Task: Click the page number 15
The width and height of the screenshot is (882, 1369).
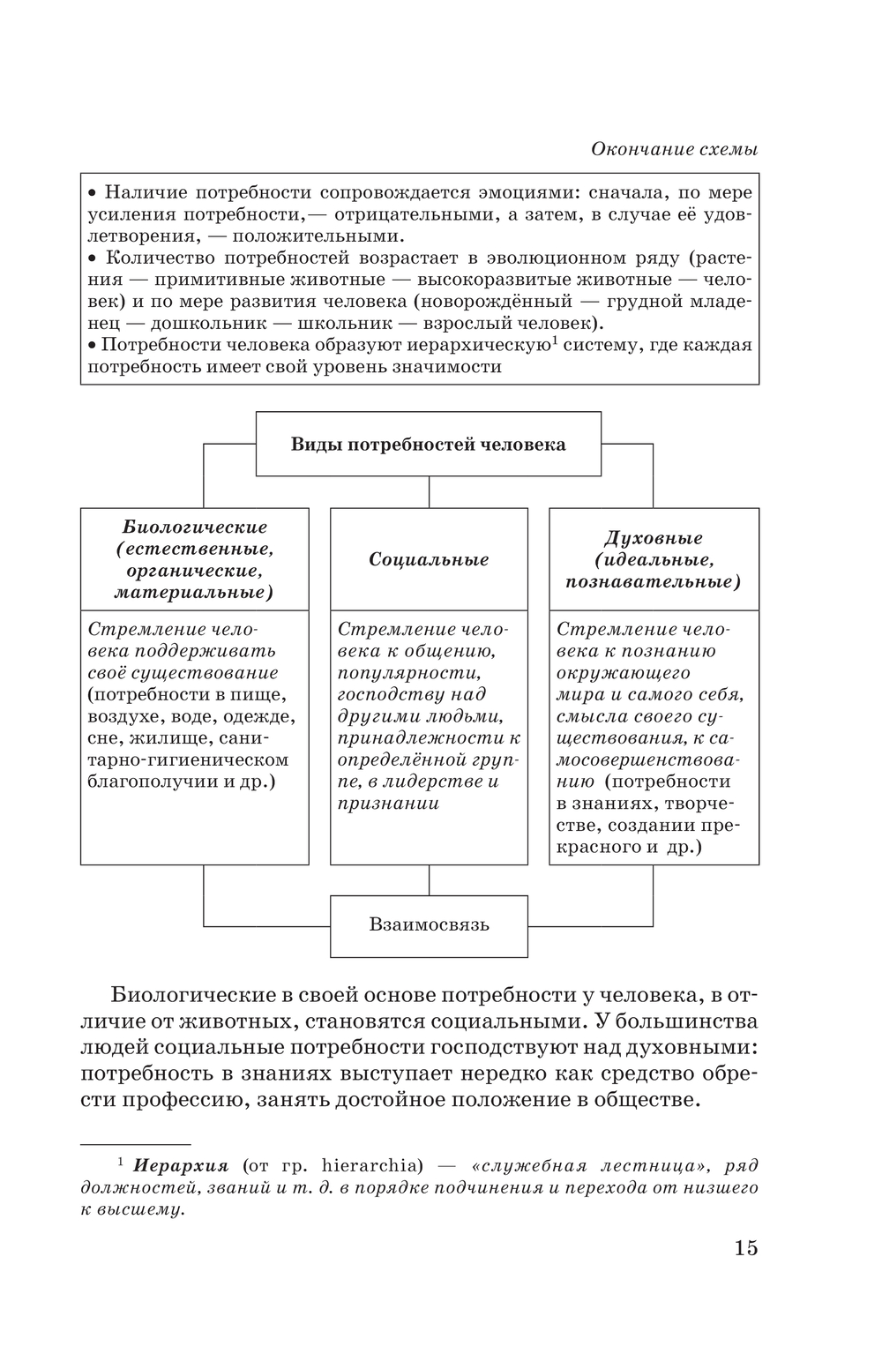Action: tap(744, 1247)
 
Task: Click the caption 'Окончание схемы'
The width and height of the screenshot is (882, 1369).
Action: tap(674, 149)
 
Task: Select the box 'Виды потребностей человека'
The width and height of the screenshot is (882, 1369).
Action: tap(429, 444)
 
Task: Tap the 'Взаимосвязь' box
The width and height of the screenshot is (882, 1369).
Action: tap(429, 925)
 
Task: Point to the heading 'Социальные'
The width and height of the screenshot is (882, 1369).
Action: tap(429, 559)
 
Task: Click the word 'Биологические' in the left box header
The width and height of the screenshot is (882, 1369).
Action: tap(194, 527)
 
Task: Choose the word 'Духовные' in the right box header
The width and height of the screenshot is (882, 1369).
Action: tap(654, 538)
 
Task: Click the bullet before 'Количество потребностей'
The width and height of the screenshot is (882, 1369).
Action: tap(93, 258)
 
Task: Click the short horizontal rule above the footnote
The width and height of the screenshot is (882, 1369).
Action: tap(136, 1143)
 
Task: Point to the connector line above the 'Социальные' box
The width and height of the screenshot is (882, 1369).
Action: tap(430, 491)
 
